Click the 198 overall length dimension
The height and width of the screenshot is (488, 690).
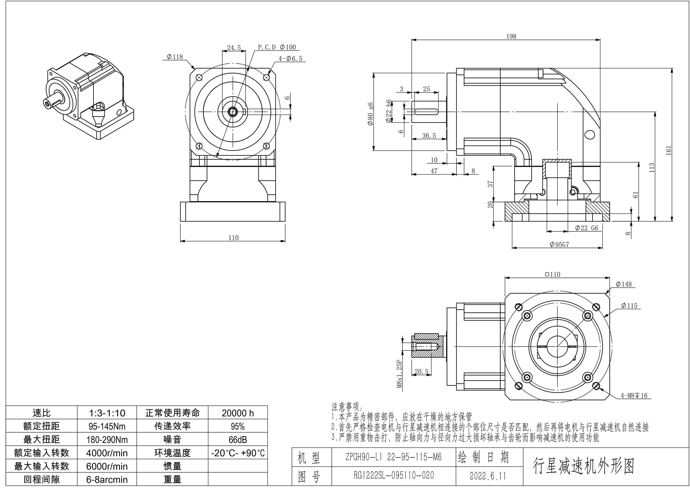tap(511, 36)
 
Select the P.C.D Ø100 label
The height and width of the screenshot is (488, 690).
tap(277, 47)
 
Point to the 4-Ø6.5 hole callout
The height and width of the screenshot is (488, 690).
tap(290, 59)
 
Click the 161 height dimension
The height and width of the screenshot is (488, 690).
tap(668, 150)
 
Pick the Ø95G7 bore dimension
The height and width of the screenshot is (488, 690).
tap(559, 244)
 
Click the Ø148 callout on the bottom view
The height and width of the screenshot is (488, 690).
tap(624, 284)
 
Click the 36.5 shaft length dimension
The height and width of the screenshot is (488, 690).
tap(429, 136)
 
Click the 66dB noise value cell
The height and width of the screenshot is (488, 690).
tap(238, 440)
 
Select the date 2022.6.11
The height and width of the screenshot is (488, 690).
tap(488, 476)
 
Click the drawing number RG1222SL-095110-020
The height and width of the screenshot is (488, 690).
tap(393, 475)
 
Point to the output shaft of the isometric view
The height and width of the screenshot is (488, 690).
tap(52, 102)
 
